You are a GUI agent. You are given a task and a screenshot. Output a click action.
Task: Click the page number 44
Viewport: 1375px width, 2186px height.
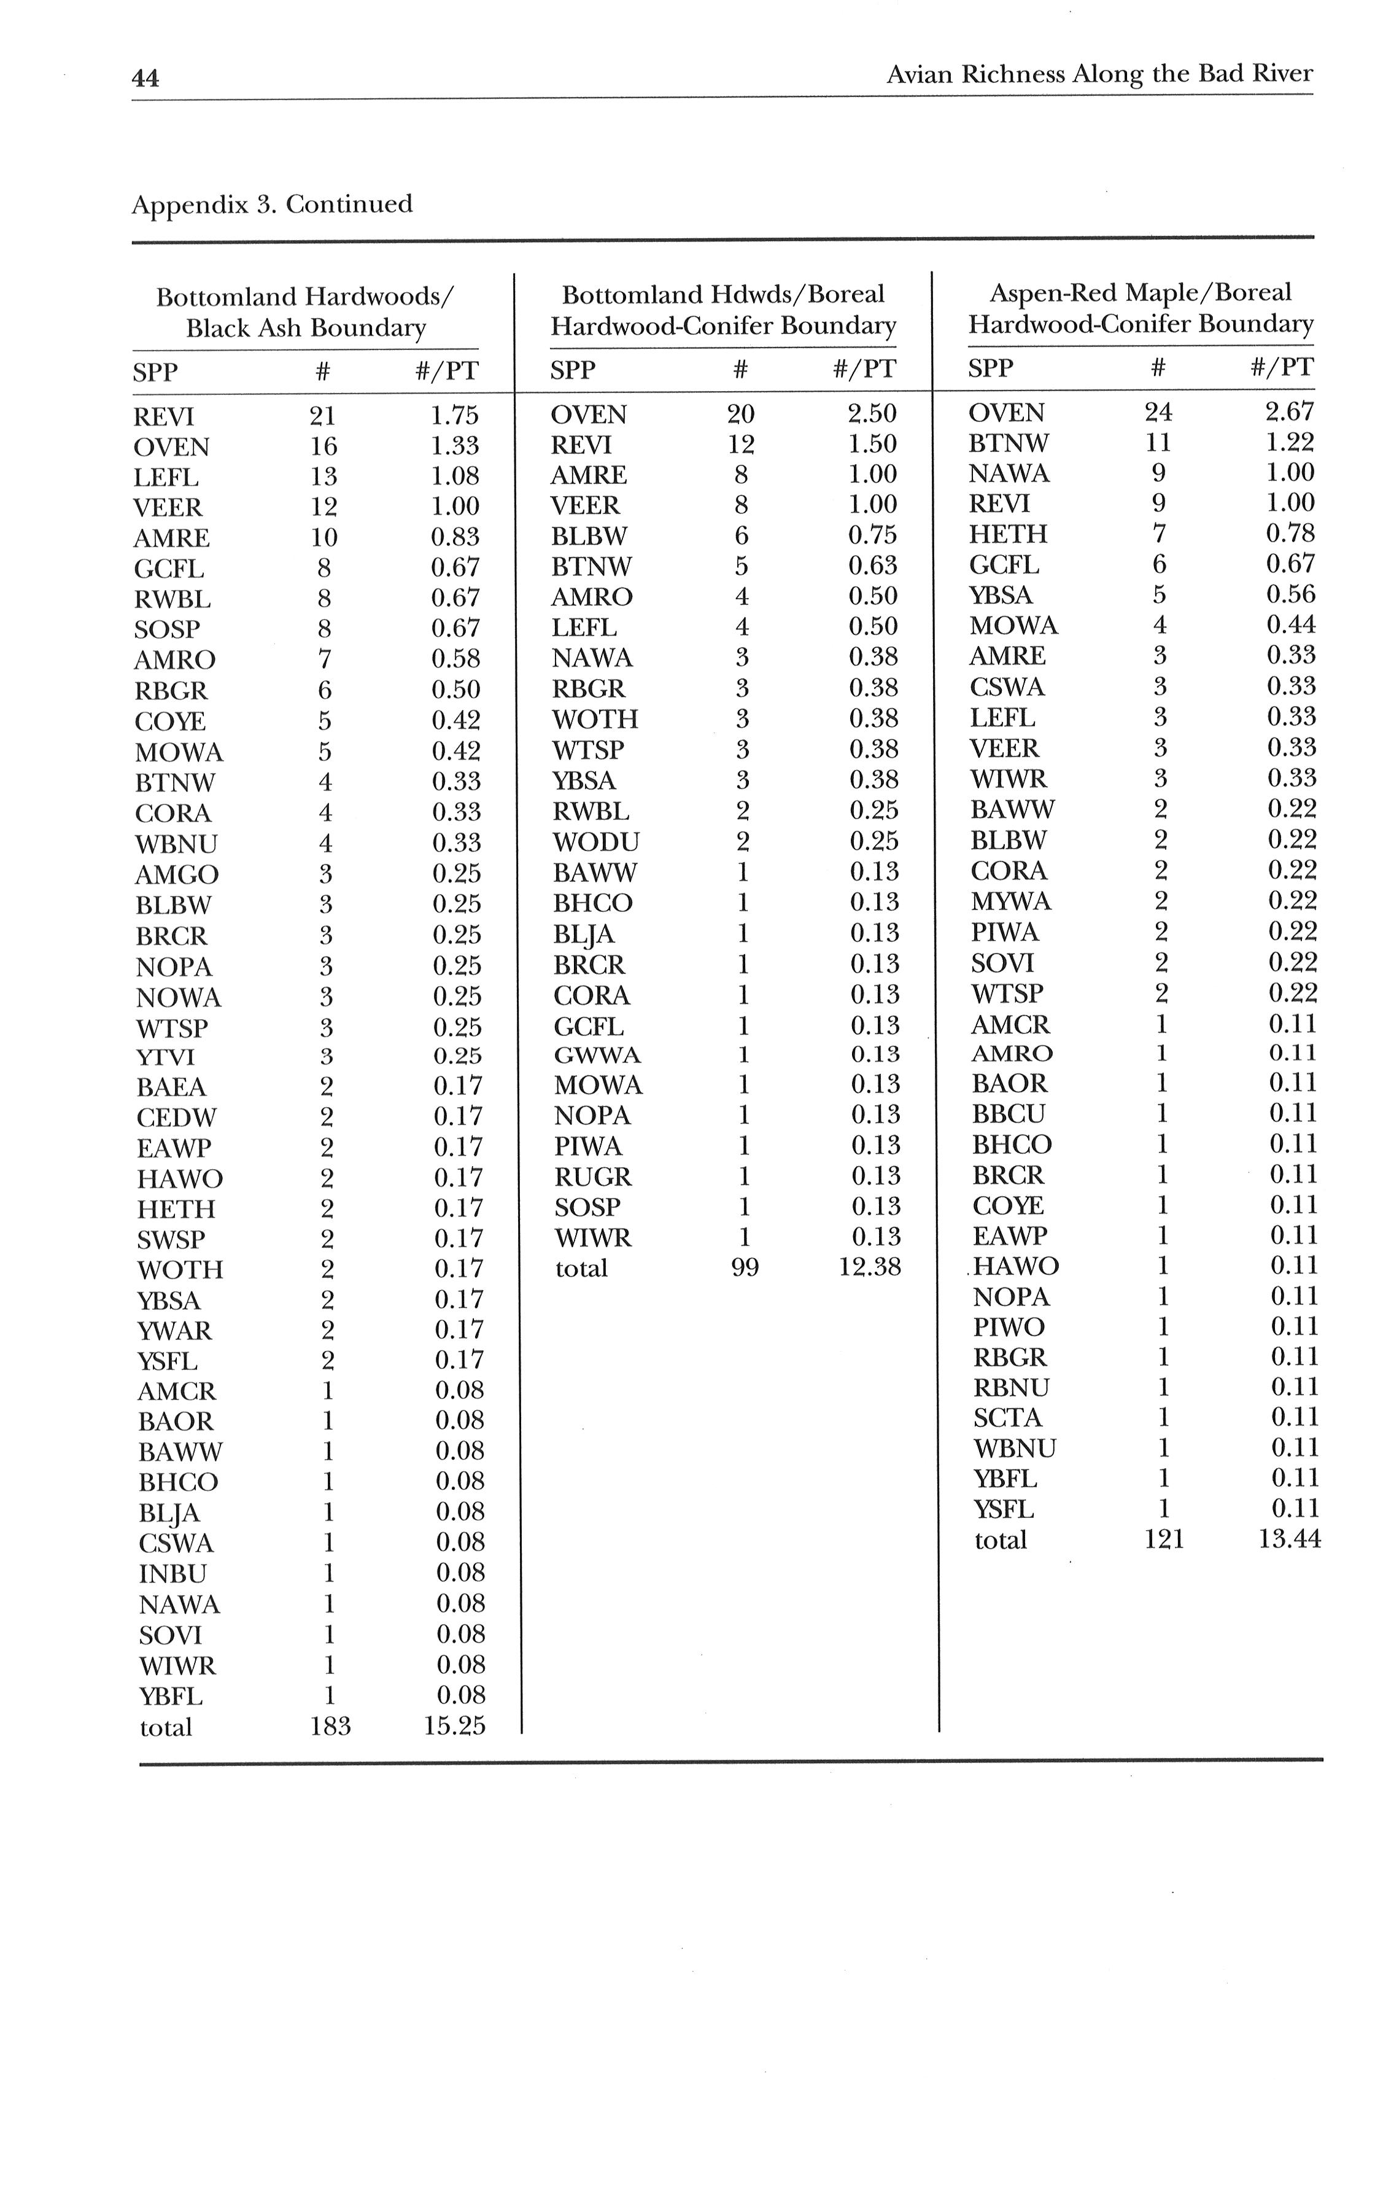click(145, 78)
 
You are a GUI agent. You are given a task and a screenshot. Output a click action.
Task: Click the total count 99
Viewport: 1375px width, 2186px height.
click(744, 1268)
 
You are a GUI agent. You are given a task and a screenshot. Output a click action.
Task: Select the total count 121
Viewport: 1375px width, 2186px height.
click(1163, 1539)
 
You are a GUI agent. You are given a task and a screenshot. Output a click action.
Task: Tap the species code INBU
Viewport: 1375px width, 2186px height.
click(172, 1573)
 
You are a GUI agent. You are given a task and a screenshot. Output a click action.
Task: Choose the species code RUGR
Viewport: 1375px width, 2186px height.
click(592, 1177)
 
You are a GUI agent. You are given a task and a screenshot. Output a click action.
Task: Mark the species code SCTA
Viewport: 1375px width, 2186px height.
click(1007, 1418)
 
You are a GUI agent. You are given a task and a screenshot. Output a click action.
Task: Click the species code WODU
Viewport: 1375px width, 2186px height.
click(595, 841)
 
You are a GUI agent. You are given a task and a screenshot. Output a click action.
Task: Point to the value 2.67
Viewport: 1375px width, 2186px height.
click(1289, 412)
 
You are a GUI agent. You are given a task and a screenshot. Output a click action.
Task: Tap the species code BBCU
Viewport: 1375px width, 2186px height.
click(1009, 1114)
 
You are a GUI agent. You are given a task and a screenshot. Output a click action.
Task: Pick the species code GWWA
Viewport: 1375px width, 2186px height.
click(597, 1055)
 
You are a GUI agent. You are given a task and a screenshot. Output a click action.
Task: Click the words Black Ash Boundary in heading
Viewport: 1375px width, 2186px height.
click(306, 328)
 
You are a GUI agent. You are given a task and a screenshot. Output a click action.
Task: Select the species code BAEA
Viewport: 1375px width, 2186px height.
click(171, 1087)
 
